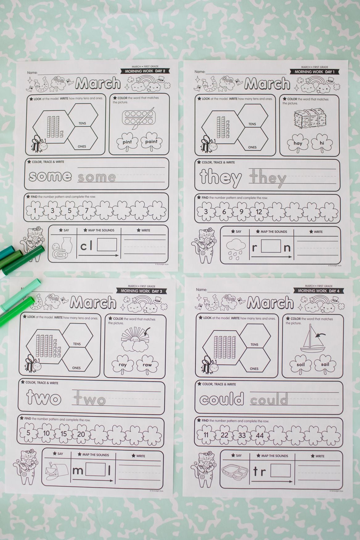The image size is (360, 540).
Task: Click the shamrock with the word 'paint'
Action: coord(151,142)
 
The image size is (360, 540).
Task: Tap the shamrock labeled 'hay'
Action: coord(298,143)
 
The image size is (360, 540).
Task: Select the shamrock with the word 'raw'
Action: coord(147,365)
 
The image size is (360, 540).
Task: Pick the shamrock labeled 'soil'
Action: coord(300,364)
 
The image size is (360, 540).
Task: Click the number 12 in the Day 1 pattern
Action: coord(259,212)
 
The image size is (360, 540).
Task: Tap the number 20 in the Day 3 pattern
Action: coord(81,434)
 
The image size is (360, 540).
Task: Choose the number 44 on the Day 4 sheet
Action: coord(260,435)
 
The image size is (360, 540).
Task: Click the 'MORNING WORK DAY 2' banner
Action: coord(145,71)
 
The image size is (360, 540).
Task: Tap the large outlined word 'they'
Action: coord(221,177)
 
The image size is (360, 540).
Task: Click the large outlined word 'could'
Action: coord(222,399)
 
